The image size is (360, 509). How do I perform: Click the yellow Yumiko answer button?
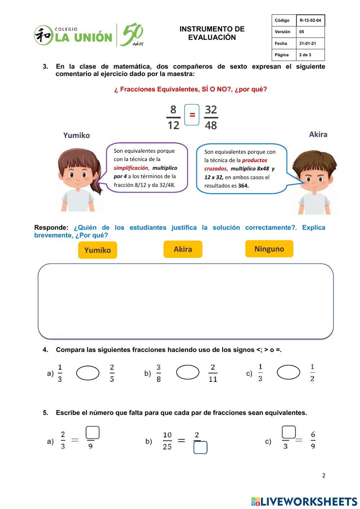[98, 250]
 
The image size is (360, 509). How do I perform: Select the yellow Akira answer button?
[183, 249]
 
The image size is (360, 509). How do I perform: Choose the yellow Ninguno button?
[269, 249]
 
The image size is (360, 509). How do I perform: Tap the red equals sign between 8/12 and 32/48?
[192, 115]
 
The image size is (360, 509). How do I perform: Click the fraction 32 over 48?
[211, 117]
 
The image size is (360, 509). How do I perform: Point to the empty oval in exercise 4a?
[88, 373]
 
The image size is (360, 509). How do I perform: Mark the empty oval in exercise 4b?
[188, 372]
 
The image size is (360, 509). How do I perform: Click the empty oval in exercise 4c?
[288, 372]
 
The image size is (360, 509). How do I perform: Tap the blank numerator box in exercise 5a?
[93, 433]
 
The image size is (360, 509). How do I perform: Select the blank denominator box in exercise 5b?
[201, 448]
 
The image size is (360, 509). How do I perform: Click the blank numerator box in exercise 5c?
[289, 432]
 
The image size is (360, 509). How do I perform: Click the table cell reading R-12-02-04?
[310, 21]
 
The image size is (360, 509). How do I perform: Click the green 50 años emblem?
[132, 35]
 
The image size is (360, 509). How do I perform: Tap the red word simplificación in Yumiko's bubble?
[131, 168]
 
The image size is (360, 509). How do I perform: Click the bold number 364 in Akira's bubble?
[243, 186]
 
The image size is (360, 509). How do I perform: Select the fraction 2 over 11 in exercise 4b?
[213, 373]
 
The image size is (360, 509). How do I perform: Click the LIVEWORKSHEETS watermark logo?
[304, 501]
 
